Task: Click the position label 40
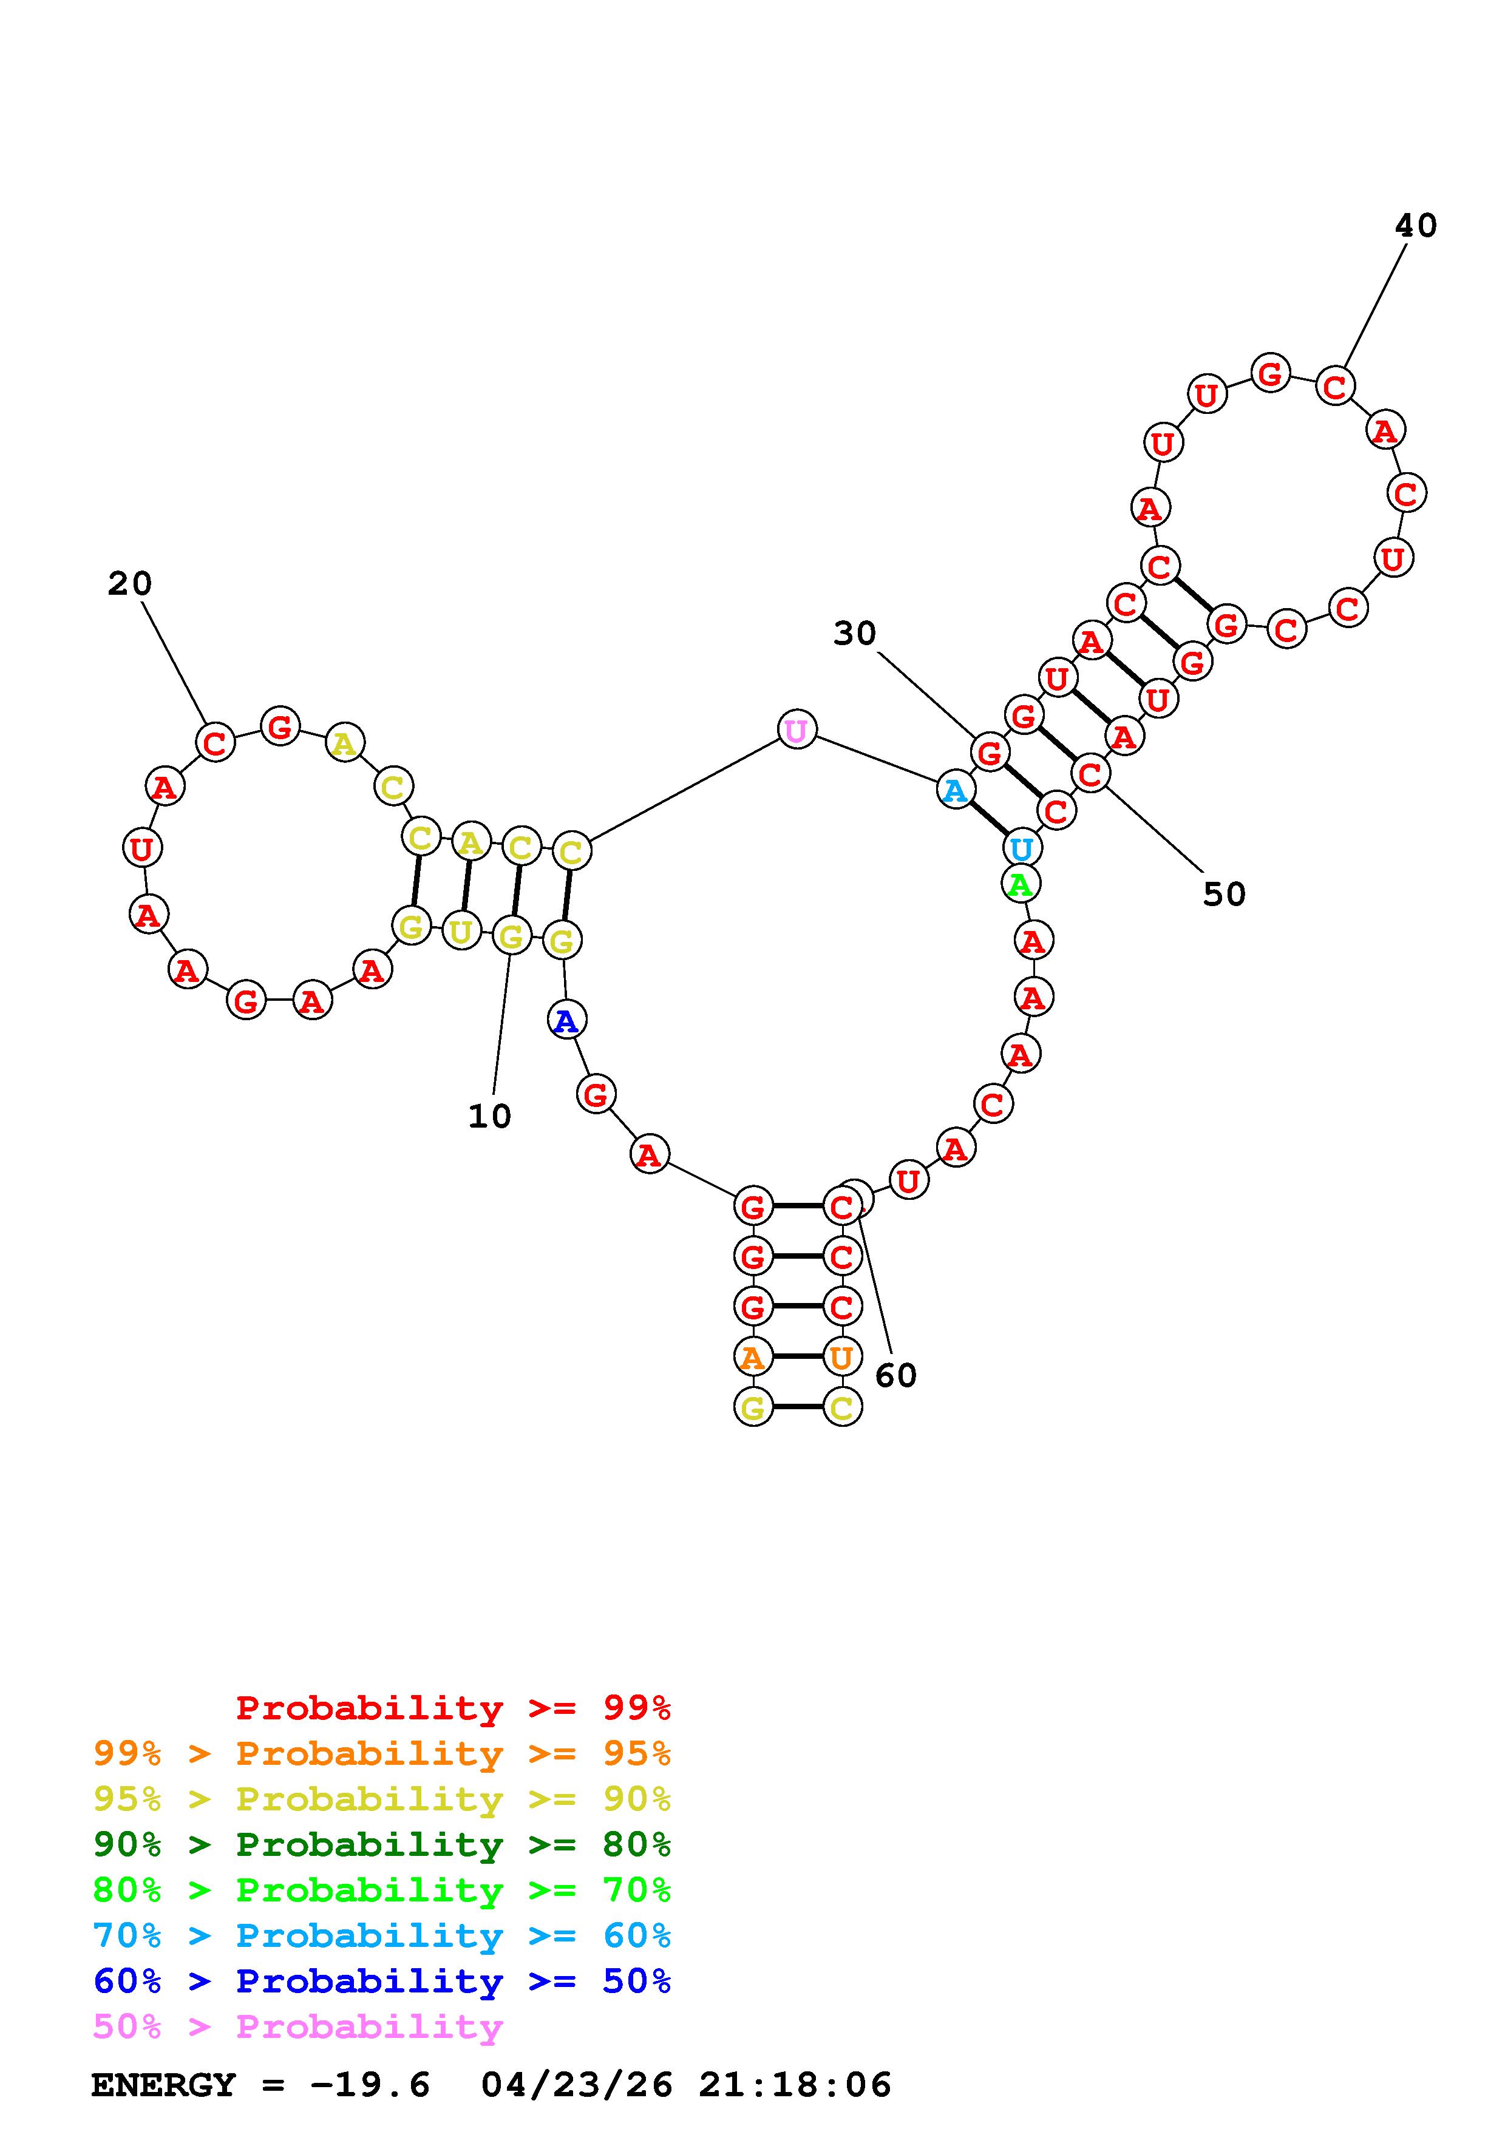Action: click(x=1415, y=225)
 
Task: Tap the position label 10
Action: click(x=489, y=1117)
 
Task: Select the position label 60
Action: click(x=895, y=1375)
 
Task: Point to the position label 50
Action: click(x=1223, y=894)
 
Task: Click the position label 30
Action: click(x=854, y=634)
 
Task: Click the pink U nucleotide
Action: click(x=797, y=731)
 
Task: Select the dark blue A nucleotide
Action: click(x=566, y=1021)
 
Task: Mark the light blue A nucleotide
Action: click(x=954, y=790)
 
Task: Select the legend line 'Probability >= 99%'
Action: click(x=454, y=1707)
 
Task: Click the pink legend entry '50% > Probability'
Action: click(x=297, y=2026)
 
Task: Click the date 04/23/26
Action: click(x=577, y=2085)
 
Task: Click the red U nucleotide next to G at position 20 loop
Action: click(x=142, y=847)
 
